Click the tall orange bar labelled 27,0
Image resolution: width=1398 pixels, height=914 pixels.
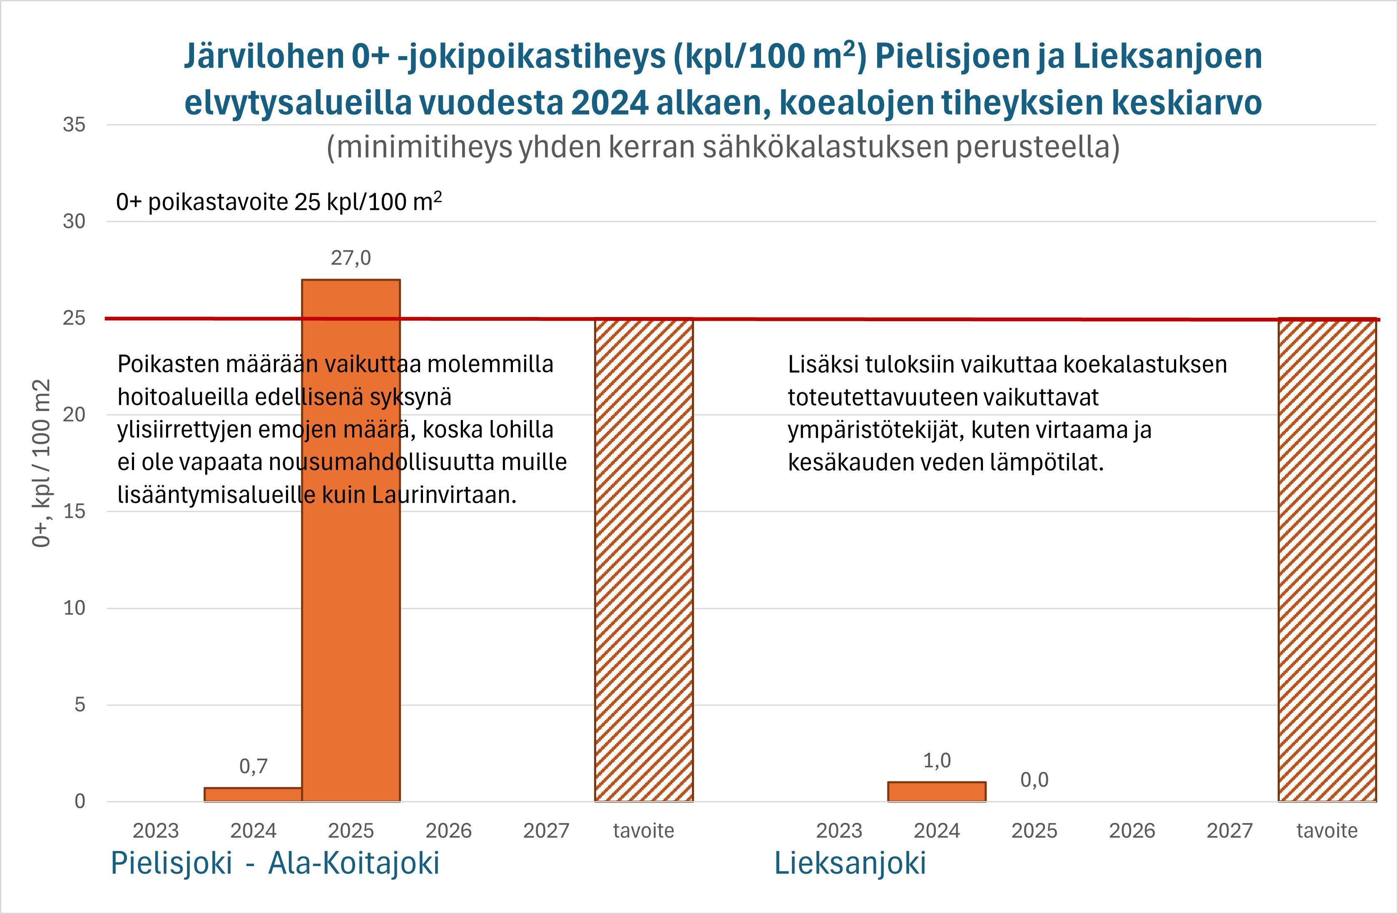point(351,588)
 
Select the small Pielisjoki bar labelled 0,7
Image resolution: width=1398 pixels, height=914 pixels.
point(253,795)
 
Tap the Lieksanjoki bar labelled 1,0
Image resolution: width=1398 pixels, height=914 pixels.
point(936,792)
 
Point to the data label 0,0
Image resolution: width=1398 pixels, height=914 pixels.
point(1034,780)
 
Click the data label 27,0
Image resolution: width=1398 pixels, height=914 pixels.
point(351,258)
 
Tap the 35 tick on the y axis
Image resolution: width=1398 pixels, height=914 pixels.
point(74,125)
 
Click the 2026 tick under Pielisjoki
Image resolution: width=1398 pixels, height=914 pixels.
point(448,831)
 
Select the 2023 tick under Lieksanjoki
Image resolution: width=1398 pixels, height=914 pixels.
point(839,831)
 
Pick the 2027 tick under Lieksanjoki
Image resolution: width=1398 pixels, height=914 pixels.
point(1229,831)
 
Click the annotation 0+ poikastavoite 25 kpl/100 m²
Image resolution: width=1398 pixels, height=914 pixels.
point(279,202)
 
